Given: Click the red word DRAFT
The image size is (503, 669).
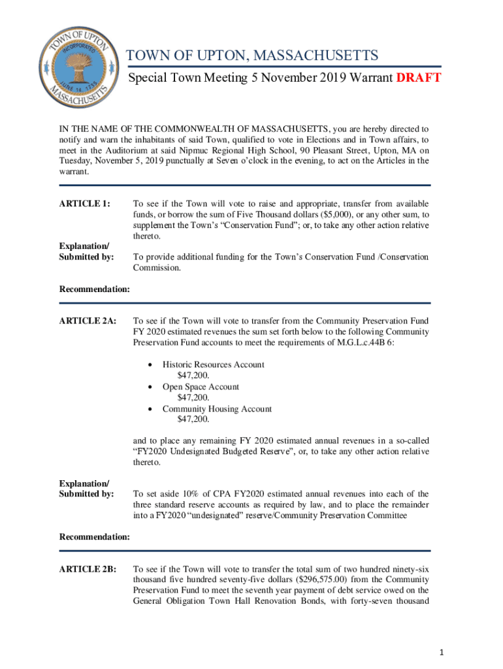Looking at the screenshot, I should pos(418,78).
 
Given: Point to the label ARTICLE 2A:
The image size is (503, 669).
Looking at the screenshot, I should pos(88,321).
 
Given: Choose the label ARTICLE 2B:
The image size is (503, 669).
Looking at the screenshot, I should pos(88,569).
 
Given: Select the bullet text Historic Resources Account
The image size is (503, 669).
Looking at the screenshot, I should pos(214,365).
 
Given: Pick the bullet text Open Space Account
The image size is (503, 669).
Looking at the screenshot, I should pos(201,387).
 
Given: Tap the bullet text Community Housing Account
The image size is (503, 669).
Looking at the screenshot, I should pos(217,409).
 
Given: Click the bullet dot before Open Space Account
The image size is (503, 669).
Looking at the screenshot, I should pos(152,387).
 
